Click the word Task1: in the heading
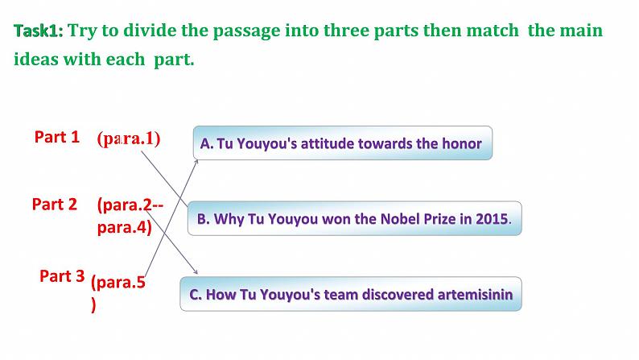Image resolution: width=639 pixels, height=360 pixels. click(38, 31)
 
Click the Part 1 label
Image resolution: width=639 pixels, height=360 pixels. click(56, 137)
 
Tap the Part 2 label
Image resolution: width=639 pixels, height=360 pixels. click(55, 204)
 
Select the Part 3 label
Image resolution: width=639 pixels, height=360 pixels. click(62, 276)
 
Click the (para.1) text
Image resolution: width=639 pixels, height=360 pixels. click(128, 138)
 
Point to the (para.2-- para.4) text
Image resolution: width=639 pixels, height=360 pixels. click(129, 216)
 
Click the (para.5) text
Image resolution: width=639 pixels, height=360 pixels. click(117, 292)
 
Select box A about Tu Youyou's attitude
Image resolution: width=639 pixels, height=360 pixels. click(341, 143)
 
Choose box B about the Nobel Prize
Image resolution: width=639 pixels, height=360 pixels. click(354, 218)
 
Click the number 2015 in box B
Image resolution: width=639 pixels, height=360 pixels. click(493, 218)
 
